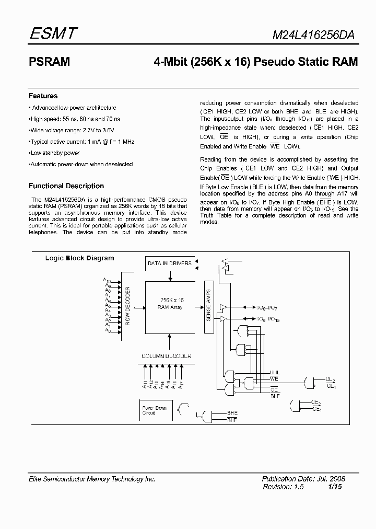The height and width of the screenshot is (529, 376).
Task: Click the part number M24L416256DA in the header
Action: pyautogui.click(x=315, y=35)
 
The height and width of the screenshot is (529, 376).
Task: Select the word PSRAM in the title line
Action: pyautogui.click(x=49, y=62)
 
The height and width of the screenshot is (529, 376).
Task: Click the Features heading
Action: pyautogui.click(x=43, y=96)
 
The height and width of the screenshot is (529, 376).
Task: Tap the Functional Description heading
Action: pyautogui.click(x=66, y=186)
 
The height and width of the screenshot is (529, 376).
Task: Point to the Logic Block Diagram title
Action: pyautogui.click(x=79, y=258)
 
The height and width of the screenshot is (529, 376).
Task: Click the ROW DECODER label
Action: pyautogui.click(x=127, y=306)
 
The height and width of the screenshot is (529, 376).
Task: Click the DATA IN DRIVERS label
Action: pyautogui.click(x=169, y=263)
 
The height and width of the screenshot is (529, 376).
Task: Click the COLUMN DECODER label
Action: pyautogui.click(x=166, y=356)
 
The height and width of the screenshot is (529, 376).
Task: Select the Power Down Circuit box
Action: pyautogui.click(x=155, y=410)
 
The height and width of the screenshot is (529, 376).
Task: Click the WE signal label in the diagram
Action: pyautogui.click(x=275, y=378)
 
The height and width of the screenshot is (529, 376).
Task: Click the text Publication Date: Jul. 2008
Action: pyautogui.click(x=303, y=479)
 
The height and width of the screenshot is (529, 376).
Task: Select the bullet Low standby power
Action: pyautogui.click(x=55, y=153)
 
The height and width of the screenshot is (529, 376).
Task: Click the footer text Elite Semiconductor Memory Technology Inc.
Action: pyautogui.click(x=92, y=479)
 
